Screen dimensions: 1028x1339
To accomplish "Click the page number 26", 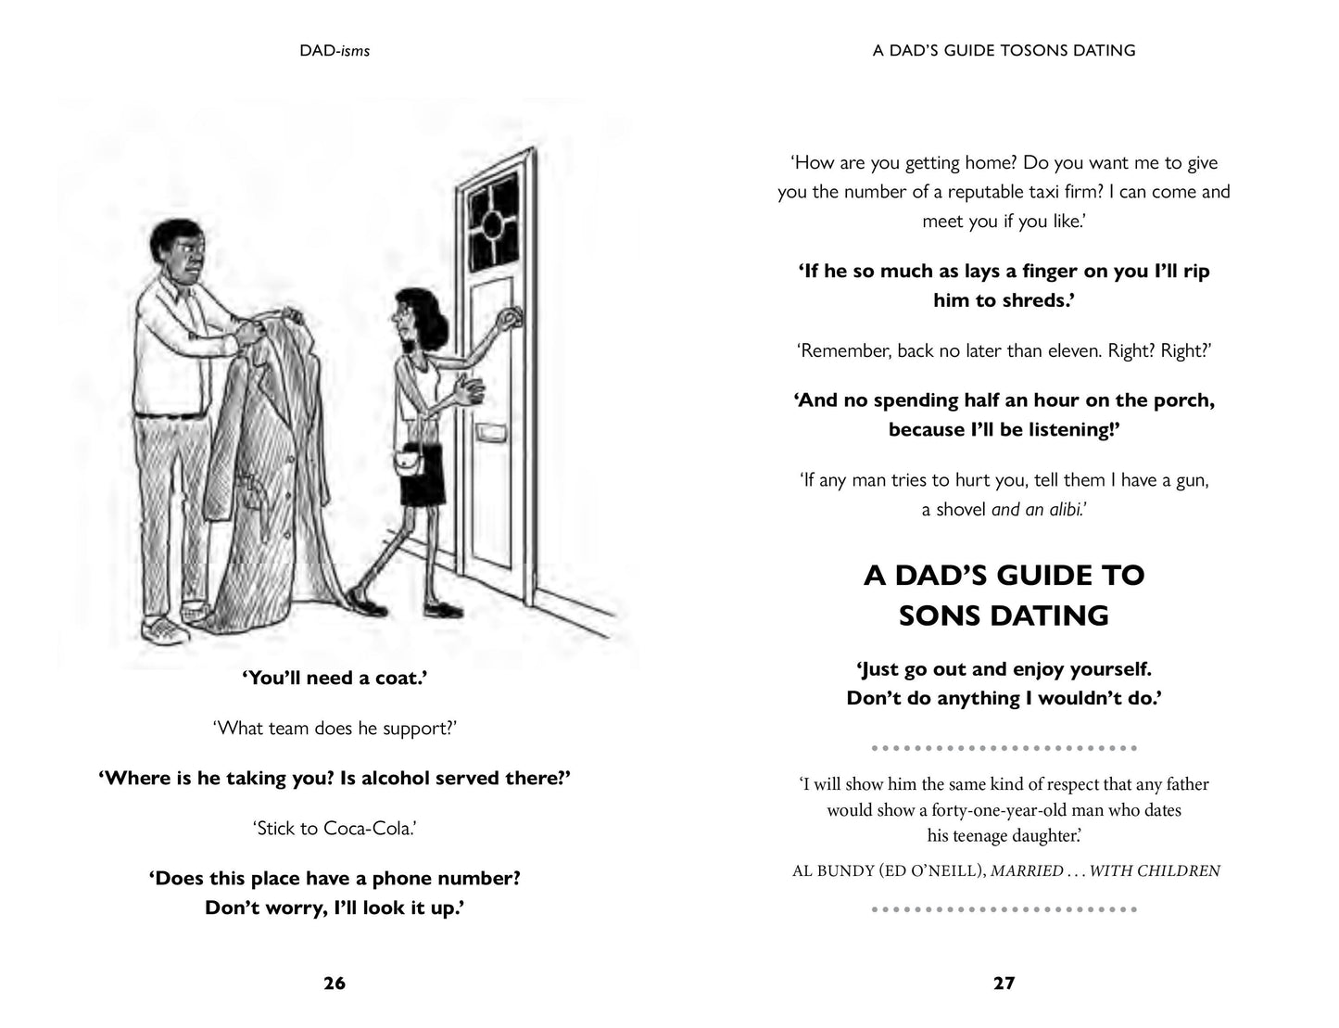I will click(x=335, y=984).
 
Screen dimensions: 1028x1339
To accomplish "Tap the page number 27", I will click(x=1004, y=984).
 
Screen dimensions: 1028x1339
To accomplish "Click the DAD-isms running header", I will click(x=335, y=51).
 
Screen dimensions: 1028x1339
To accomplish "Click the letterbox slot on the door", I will click(x=488, y=433).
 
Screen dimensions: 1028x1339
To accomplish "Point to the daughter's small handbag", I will click(x=408, y=460).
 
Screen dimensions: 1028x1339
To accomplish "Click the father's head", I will click(x=183, y=254).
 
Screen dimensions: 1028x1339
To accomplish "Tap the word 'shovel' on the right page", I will click(x=960, y=509).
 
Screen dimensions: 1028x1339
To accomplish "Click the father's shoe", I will click(x=166, y=631).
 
